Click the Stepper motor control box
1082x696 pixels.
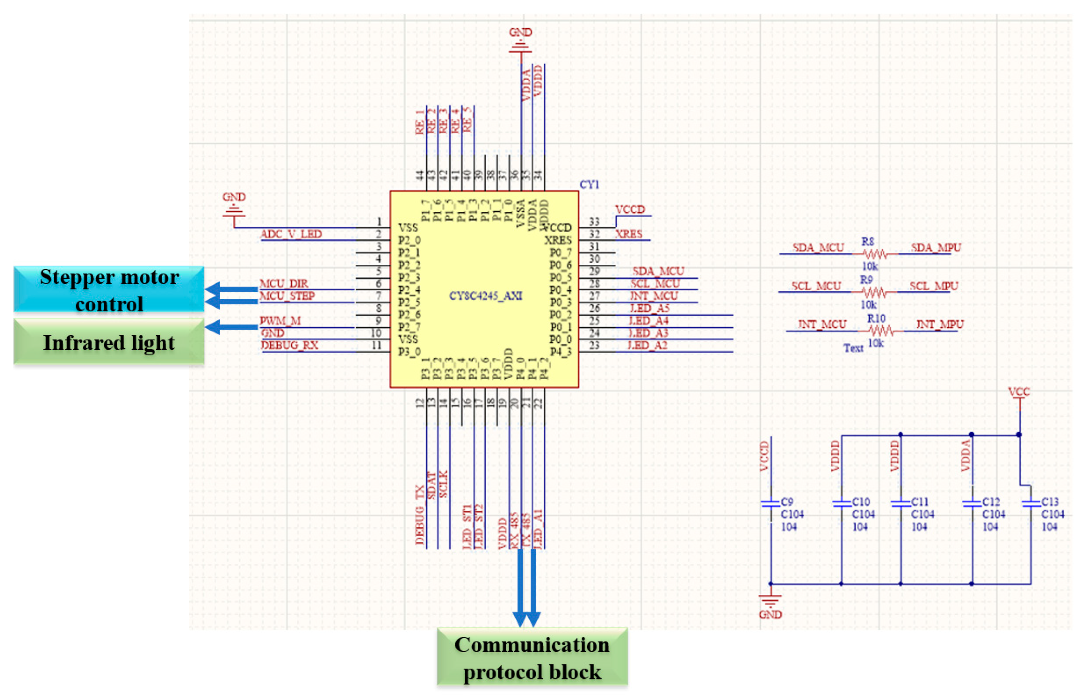coord(109,289)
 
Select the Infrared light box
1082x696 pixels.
coord(109,342)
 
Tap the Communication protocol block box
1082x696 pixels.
coord(532,658)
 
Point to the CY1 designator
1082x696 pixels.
coord(589,185)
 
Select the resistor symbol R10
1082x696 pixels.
coord(880,331)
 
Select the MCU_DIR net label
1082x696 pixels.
coord(284,283)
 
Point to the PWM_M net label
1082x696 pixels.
coord(280,321)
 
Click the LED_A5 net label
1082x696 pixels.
coord(649,309)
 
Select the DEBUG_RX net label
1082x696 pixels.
coord(290,346)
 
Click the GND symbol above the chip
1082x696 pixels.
coord(520,45)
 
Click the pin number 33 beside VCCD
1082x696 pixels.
coord(594,222)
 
